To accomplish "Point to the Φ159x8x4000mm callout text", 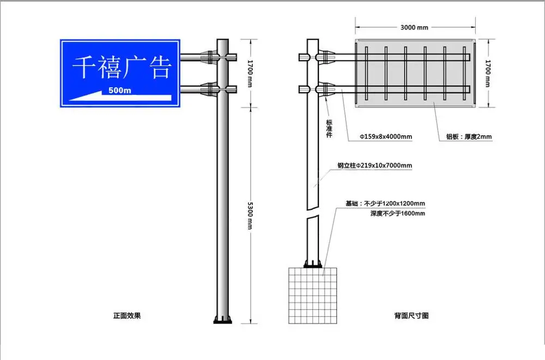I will pyautogui.click(x=385, y=136).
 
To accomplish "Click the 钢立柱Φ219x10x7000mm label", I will pyautogui.click(x=374, y=165).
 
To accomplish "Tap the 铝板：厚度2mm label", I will pyautogui.click(x=465, y=137).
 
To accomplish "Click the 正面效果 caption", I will pyautogui.click(x=127, y=315).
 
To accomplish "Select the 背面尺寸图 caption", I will pyautogui.click(x=411, y=315).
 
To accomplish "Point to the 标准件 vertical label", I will pyautogui.click(x=329, y=129).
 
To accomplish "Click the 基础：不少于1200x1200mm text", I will pyautogui.click(x=385, y=203).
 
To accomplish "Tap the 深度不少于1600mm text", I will pyautogui.click(x=397, y=213).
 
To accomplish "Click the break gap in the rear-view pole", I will pyautogui.click(x=312, y=212).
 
